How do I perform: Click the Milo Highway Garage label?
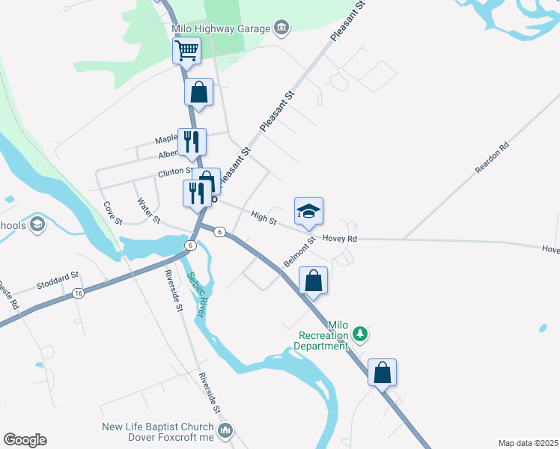(220, 28)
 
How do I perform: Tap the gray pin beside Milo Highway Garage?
(281, 28)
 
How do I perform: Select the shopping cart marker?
(186, 51)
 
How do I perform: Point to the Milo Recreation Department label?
(321, 336)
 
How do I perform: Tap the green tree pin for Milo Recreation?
(361, 332)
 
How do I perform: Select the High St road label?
(264, 218)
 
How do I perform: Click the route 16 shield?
(79, 295)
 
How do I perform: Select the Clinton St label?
(175, 171)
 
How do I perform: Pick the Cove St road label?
(112, 212)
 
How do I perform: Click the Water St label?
(149, 210)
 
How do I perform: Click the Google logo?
(25, 440)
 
